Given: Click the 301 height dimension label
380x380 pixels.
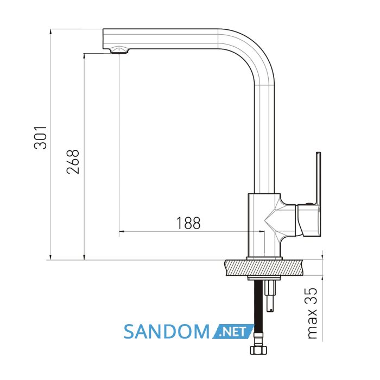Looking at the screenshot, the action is pos(40,137).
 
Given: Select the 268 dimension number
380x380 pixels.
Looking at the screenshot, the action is pos(73,162).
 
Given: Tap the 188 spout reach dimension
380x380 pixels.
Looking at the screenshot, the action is pos(188,223).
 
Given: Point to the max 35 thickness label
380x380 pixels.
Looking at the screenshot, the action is pos(312,313).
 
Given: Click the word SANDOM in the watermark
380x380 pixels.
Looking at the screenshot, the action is pos(167,332).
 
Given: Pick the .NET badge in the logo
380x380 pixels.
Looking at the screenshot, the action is pos(233,331).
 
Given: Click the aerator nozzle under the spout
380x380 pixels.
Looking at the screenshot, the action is pos(119,50).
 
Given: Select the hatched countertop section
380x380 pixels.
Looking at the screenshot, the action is pos(264,268).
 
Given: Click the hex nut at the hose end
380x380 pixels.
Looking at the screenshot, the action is pos(258,350).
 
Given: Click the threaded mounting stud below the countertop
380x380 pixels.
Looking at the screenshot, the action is pos(270,296).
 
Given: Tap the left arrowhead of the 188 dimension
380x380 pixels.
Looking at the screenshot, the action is pos(122,232).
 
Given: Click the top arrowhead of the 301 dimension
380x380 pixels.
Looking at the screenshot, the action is pos(50,31).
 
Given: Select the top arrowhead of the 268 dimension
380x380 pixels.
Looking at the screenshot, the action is pos(84,56).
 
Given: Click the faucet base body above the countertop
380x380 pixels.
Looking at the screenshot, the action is pos(264,225).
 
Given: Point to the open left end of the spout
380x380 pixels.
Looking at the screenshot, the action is pos(103,39).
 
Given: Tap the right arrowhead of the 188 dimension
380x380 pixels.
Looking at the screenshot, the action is pos(262,232).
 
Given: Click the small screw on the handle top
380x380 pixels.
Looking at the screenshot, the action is pos(308,204).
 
